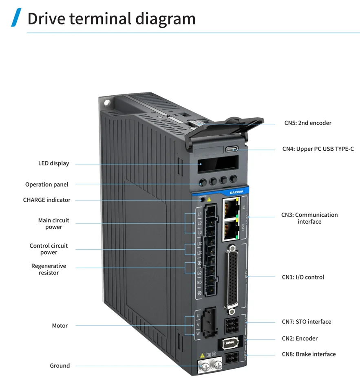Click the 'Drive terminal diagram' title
[111, 18]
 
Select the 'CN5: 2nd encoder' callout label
[308, 123]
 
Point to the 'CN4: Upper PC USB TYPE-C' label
[318, 149]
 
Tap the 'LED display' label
[53, 164]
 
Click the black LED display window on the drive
[214, 165]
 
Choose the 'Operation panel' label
[47, 185]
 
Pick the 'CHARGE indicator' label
[46, 200]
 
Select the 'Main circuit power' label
[53, 224]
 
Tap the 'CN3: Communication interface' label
[309, 218]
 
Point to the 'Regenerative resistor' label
[49, 269]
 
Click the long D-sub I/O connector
[233, 277]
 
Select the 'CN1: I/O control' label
[303, 277]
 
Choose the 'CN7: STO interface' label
[306, 322]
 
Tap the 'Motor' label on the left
[60, 326]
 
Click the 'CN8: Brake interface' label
[309, 354]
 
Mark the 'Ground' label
[60, 366]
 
